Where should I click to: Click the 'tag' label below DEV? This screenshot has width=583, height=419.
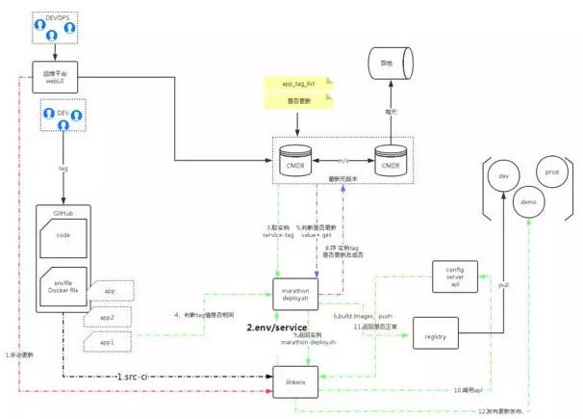(x=62, y=166)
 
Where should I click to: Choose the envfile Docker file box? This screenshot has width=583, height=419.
(x=63, y=288)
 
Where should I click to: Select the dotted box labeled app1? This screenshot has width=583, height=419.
(x=107, y=341)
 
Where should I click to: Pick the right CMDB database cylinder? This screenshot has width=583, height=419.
(x=390, y=160)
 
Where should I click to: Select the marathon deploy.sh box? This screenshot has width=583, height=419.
(x=295, y=293)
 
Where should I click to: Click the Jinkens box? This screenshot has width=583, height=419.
(x=295, y=381)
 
